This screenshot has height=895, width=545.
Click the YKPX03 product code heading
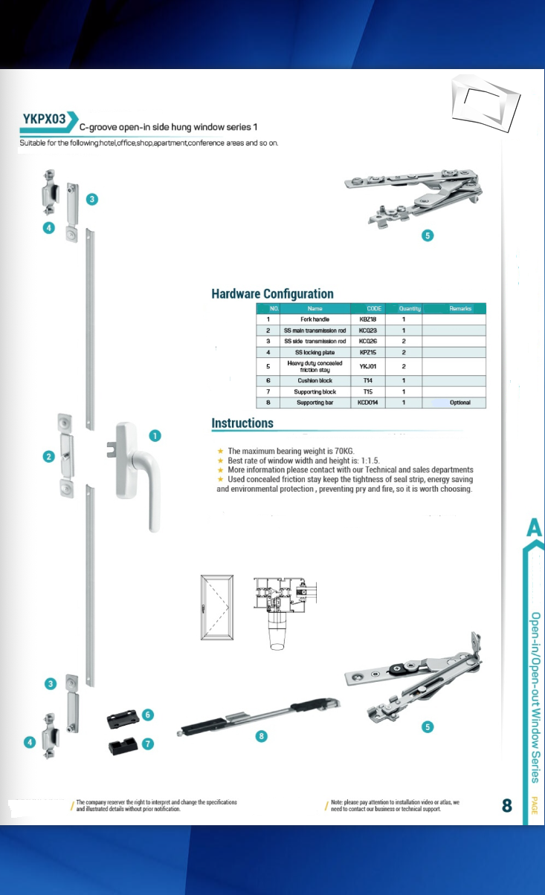click(43, 119)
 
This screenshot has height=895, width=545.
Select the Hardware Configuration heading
click(272, 293)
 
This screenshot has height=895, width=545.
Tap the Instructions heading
click(242, 423)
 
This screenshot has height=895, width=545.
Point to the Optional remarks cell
click(459, 403)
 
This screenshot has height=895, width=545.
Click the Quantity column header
click(409, 308)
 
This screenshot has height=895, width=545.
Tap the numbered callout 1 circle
click(155, 436)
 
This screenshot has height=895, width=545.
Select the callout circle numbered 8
click(260, 736)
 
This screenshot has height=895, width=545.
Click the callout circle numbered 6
click(148, 715)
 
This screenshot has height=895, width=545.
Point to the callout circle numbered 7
click(148, 743)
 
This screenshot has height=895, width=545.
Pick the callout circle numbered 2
click(48, 456)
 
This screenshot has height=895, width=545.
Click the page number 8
click(507, 805)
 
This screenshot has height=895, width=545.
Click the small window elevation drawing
click(216, 607)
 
